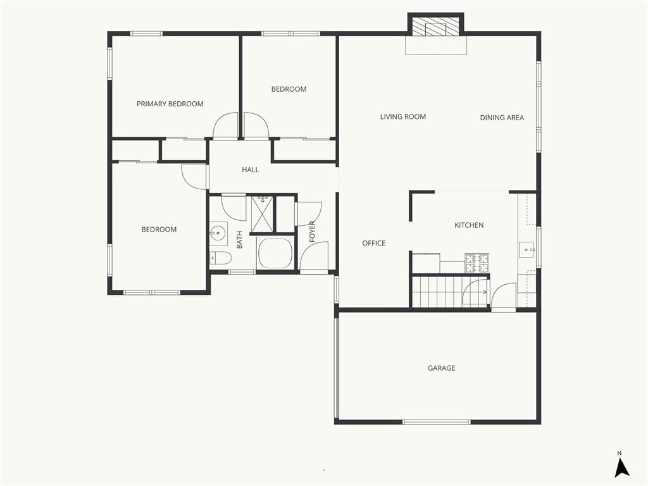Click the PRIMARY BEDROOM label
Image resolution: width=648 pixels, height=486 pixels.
click(170, 104)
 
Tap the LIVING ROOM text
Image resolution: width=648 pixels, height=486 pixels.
click(403, 116)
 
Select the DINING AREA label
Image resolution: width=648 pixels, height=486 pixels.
click(502, 118)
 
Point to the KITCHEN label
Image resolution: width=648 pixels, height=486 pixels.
click(469, 225)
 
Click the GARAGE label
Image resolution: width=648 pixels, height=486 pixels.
click(441, 368)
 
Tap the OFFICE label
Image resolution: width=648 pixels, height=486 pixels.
click(373, 244)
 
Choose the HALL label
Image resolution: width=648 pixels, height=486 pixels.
click(251, 170)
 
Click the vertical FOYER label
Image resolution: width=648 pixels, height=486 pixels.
click(313, 232)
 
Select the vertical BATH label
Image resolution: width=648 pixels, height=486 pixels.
click(239, 240)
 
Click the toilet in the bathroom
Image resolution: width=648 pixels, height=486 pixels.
click(220, 258)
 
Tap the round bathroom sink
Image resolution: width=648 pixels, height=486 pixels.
click(218, 234)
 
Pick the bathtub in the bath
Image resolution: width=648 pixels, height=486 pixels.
click(275, 253)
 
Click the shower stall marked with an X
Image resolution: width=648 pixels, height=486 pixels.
click(263, 215)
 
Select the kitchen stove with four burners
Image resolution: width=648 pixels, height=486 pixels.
click(477, 263)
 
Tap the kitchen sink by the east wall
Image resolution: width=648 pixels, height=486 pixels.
click(526, 249)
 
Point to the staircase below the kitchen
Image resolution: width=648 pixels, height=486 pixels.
click(450, 292)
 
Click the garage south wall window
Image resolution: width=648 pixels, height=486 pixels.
click(437, 422)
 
